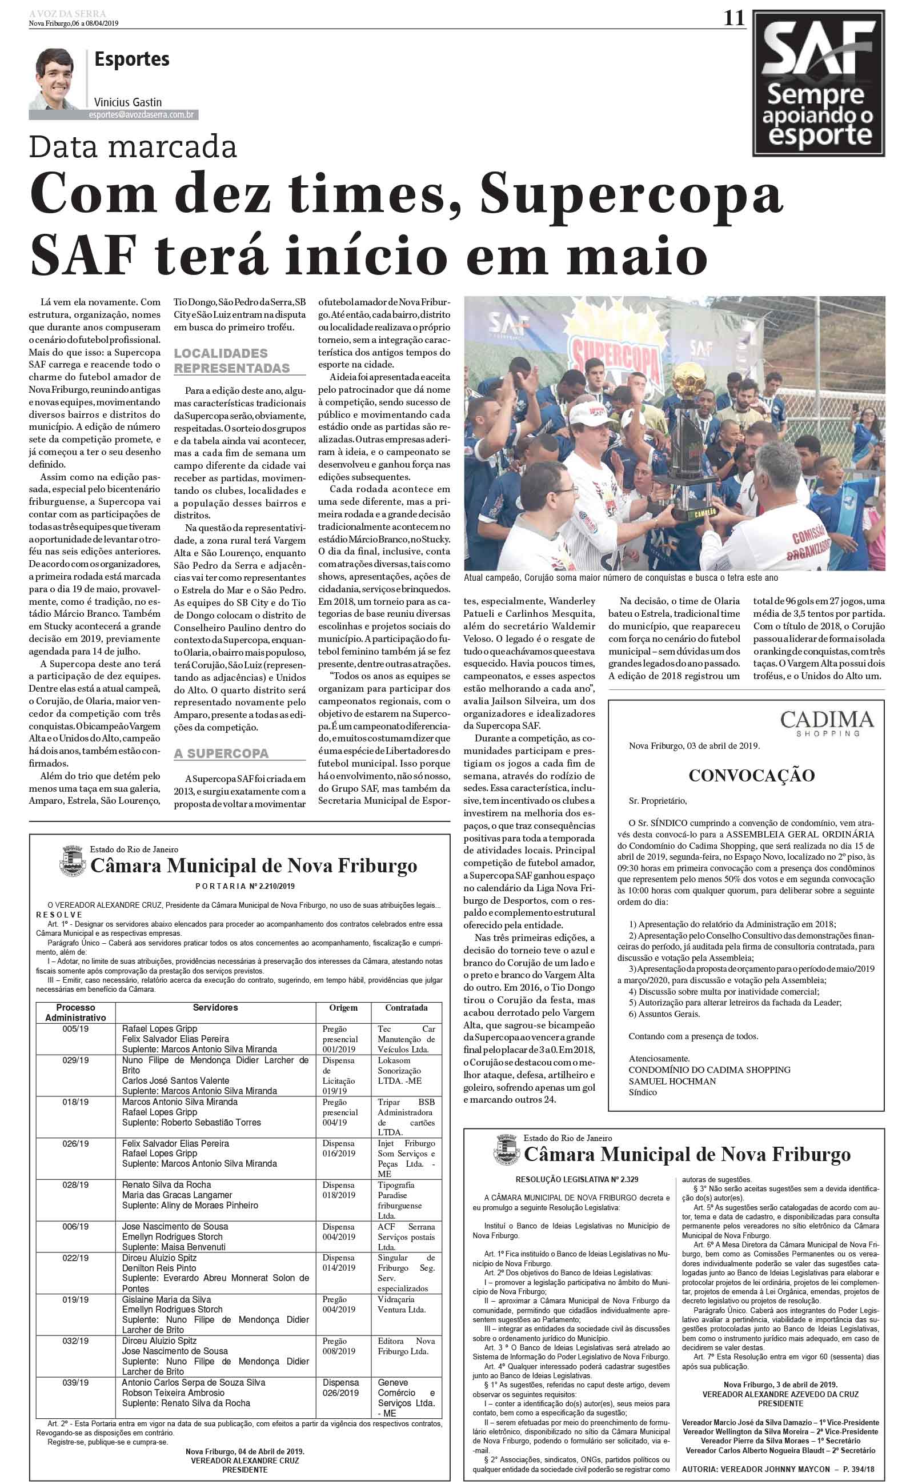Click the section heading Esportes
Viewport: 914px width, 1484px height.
coord(132,59)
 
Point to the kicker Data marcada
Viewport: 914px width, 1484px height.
coord(133,147)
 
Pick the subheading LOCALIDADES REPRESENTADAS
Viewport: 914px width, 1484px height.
coord(231,360)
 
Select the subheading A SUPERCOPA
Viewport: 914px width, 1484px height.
coord(221,753)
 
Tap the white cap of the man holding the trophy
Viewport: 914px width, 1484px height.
coord(590,414)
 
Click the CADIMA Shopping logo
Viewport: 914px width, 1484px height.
coord(827,723)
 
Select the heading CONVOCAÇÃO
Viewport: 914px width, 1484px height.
coord(751,775)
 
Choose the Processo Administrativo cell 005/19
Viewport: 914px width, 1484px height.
coord(75,1028)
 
